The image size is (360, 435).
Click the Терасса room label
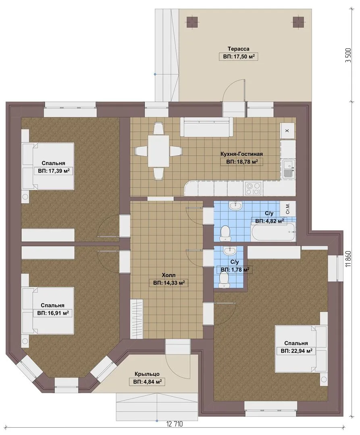coord(238,49)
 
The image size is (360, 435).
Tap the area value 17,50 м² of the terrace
coord(239,57)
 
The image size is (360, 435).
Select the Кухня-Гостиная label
coord(241,154)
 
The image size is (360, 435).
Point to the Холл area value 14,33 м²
coord(169,283)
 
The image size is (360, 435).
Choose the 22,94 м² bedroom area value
coord(296,351)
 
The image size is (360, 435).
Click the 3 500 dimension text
coord(349,55)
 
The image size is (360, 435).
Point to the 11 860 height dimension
coord(349,259)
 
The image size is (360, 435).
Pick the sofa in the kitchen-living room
coord(207,127)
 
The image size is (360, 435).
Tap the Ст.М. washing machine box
coord(288,208)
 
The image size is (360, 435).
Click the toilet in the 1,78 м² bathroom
coord(223,280)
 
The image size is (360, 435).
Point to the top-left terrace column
coord(192,22)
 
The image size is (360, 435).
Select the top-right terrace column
coord(298,22)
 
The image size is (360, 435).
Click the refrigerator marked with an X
coord(287,130)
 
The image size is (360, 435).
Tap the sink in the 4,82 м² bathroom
coord(236,205)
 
